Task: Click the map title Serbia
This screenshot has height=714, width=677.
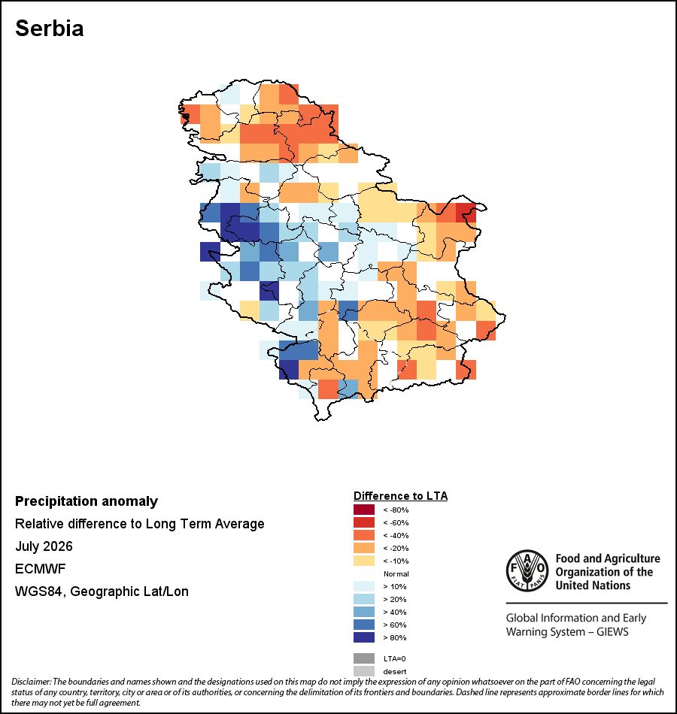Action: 49,29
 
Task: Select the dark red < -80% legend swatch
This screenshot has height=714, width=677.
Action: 364,510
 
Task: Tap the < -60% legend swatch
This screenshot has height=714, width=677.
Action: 364,522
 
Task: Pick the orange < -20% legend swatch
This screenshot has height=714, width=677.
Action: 364,548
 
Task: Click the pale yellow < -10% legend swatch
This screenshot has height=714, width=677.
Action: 364,561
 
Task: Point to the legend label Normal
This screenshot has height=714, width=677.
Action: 396,573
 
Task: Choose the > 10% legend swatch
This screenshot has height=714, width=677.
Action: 364,586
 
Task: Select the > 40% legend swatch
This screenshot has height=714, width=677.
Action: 364,612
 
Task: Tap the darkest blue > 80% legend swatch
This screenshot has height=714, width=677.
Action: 364,637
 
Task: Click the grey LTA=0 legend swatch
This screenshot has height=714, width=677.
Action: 364,658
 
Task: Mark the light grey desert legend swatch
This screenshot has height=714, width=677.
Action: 364,670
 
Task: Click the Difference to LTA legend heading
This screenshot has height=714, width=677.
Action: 400,496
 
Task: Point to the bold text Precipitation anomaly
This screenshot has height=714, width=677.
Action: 87,501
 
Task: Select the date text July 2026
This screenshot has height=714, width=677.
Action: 44,546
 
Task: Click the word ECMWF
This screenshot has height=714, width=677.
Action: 40,569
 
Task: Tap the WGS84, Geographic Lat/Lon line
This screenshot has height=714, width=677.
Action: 102,591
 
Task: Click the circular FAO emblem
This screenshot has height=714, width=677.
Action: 527,570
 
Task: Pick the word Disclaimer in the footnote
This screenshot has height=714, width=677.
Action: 31,682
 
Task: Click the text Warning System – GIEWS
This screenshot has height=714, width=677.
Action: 567,632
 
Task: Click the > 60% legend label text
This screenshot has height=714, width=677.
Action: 395,625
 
